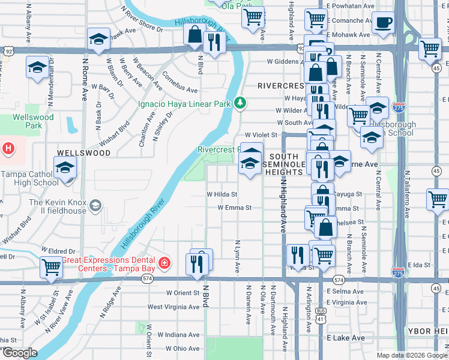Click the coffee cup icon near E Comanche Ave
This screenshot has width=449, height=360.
point(384,23)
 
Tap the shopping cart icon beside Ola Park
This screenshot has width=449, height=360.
point(253,16)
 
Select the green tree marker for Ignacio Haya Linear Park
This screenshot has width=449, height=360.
point(240,104)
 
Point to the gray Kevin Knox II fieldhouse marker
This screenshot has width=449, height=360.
point(95,207)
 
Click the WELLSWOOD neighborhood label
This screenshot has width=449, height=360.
point(84,153)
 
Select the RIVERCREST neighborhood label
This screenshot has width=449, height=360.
point(282,86)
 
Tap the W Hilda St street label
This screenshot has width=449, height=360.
point(222,194)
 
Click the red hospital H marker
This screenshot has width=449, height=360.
point(7,148)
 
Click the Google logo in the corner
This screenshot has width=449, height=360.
point(19,353)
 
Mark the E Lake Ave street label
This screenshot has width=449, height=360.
point(346,338)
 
